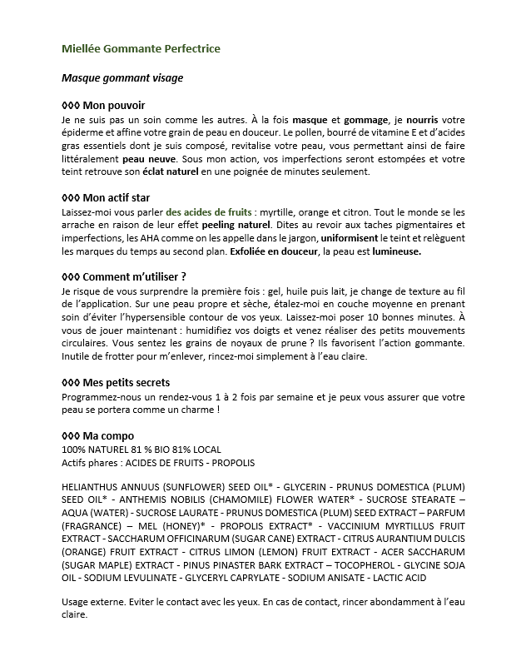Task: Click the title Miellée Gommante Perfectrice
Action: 141,49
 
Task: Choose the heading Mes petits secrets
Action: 116,382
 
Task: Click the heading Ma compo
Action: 97,436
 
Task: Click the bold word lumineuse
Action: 396,251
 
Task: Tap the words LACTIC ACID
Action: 399,566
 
